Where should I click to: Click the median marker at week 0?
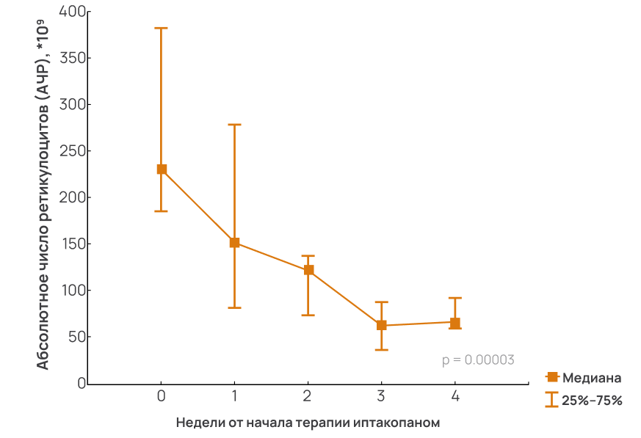[x=162, y=169]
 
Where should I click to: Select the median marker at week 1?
[x=235, y=243]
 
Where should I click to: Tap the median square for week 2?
[x=308, y=270]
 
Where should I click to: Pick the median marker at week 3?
[x=382, y=325]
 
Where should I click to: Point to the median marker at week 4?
[x=455, y=323]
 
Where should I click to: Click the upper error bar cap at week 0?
[x=162, y=28]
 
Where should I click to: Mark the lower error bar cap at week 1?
[x=235, y=307]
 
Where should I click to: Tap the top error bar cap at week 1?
[x=235, y=125]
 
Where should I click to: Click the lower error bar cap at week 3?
[x=382, y=350]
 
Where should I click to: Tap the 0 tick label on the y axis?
[x=77, y=384]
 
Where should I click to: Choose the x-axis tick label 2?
[x=308, y=396]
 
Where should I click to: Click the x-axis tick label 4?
[x=455, y=396]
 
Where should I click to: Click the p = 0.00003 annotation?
[x=478, y=360]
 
